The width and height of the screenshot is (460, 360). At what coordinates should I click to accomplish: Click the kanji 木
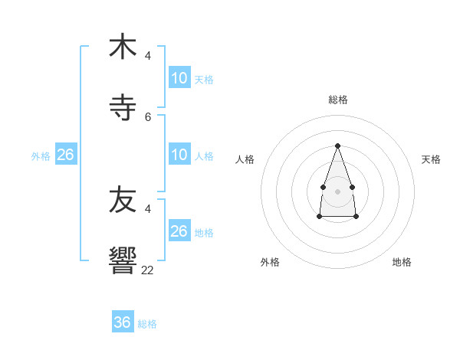click(x=123, y=47)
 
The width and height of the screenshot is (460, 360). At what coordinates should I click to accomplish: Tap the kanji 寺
click(x=123, y=108)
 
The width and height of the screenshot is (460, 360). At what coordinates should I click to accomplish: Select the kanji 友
click(x=123, y=201)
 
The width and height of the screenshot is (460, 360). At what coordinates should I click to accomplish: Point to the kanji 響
click(x=123, y=261)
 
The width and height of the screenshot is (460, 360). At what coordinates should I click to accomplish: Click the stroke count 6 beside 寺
click(x=148, y=117)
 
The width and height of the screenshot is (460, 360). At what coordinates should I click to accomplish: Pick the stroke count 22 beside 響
click(x=148, y=270)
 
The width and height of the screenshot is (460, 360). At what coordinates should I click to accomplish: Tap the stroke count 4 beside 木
click(x=148, y=56)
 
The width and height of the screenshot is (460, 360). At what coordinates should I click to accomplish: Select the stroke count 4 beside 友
click(x=148, y=208)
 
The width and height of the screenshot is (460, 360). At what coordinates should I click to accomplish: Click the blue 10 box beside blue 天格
click(x=179, y=78)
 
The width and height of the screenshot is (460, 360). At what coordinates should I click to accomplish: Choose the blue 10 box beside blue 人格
click(x=179, y=155)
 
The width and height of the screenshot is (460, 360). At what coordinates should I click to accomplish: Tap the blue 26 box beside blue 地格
click(x=179, y=231)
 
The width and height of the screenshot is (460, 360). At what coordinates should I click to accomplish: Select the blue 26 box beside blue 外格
click(x=66, y=155)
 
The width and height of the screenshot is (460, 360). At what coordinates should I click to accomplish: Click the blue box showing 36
click(x=123, y=322)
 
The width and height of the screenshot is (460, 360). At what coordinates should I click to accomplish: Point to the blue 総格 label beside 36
click(x=147, y=324)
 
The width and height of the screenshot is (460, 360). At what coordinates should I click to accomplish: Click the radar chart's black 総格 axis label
click(x=338, y=100)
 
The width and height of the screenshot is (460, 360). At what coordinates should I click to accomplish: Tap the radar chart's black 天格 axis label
click(x=431, y=159)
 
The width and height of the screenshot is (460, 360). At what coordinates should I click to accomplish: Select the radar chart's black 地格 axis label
click(x=402, y=262)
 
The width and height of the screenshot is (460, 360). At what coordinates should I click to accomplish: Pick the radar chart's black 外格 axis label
click(x=270, y=262)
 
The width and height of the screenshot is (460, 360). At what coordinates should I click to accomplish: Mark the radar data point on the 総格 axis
click(x=337, y=145)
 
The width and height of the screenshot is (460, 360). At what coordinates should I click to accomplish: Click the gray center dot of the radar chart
click(x=337, y=190)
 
